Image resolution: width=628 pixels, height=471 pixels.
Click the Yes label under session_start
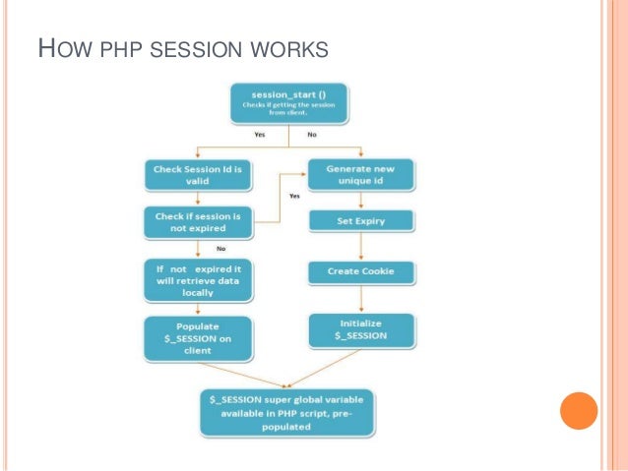coord(259,134)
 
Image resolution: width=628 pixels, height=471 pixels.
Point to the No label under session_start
coord(312,134)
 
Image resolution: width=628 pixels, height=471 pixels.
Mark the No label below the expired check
coord(207,249)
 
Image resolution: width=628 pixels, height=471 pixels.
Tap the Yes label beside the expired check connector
coord(293,196)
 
